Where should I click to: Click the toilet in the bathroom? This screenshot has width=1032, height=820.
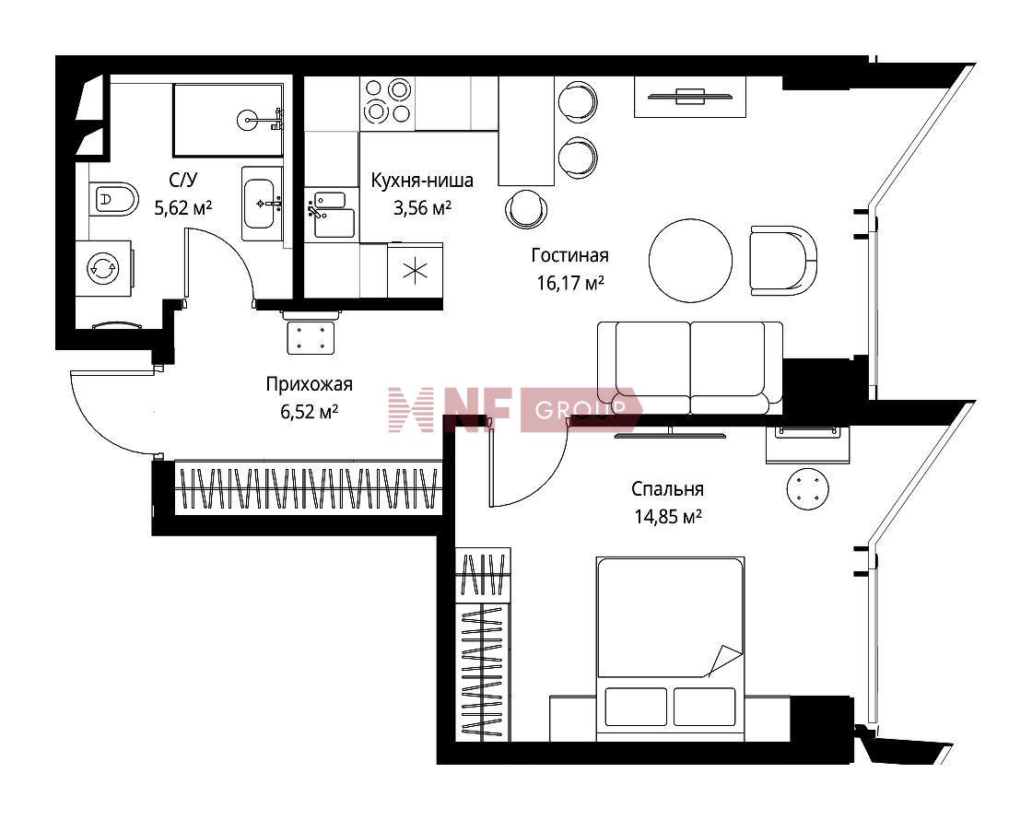tap(113, 198)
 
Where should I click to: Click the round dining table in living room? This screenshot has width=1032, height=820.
tap(690, 261)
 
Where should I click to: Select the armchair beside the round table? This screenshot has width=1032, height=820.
tap(783, 261)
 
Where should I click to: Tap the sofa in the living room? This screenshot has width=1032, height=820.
tap(690, 368)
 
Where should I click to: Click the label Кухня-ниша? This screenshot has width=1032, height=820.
tap(422, 180)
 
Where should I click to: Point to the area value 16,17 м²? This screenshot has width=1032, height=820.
tap(570, 283)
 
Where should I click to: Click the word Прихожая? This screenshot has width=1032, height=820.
tap(310, 383)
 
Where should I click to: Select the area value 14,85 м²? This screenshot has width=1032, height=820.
tap(667, 517)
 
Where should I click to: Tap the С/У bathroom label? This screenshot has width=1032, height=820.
tap(183, 180)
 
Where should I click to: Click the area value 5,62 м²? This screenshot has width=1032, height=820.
tap(183, 208)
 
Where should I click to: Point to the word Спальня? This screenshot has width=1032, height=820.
tap(667, 489)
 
